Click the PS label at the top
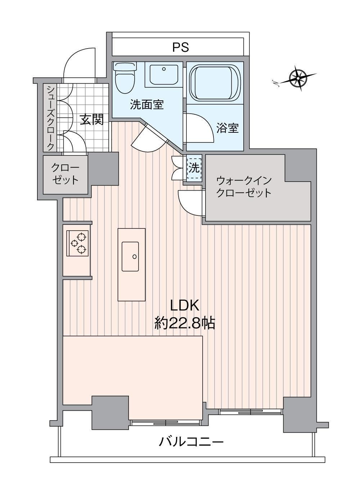pos(181,47)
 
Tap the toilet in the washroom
pos(125,78)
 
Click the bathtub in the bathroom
pos(215,83)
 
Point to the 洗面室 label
pos(147,105)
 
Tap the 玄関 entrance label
pos(92,119)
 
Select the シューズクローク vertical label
pos(50,118)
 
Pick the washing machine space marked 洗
pos(194,169)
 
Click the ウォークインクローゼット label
pos(244,187)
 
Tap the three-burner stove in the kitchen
pos(78,243)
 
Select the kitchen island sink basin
pos(130,256)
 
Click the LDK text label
pos(185,306)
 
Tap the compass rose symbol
pos(298,78)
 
